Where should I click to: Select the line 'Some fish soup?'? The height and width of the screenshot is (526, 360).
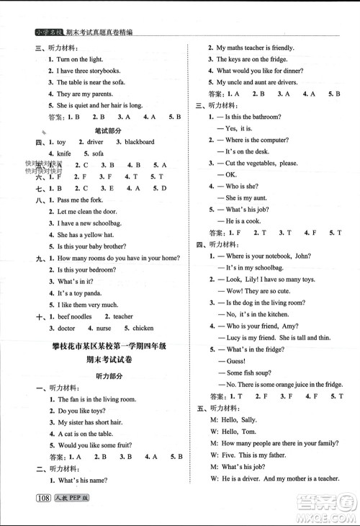(251, 373)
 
